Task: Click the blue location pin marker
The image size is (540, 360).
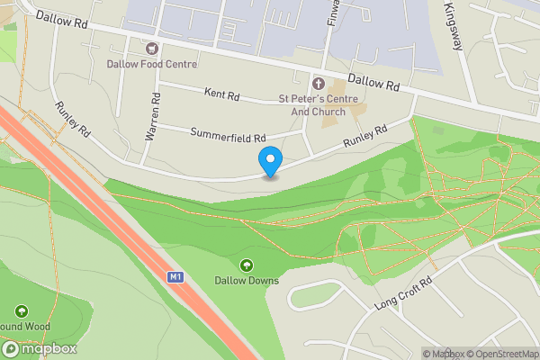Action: [269, 162]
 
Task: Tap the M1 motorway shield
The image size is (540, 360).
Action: [175, 277]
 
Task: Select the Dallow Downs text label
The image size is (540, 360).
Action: [247, 280]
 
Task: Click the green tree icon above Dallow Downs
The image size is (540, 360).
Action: [247, 265]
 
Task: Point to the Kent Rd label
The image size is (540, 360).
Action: [222, 93]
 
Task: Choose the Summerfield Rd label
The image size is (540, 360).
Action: [229, 134]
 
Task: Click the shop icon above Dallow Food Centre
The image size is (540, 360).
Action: [151, 47]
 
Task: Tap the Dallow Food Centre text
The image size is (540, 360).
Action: [151, 64]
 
